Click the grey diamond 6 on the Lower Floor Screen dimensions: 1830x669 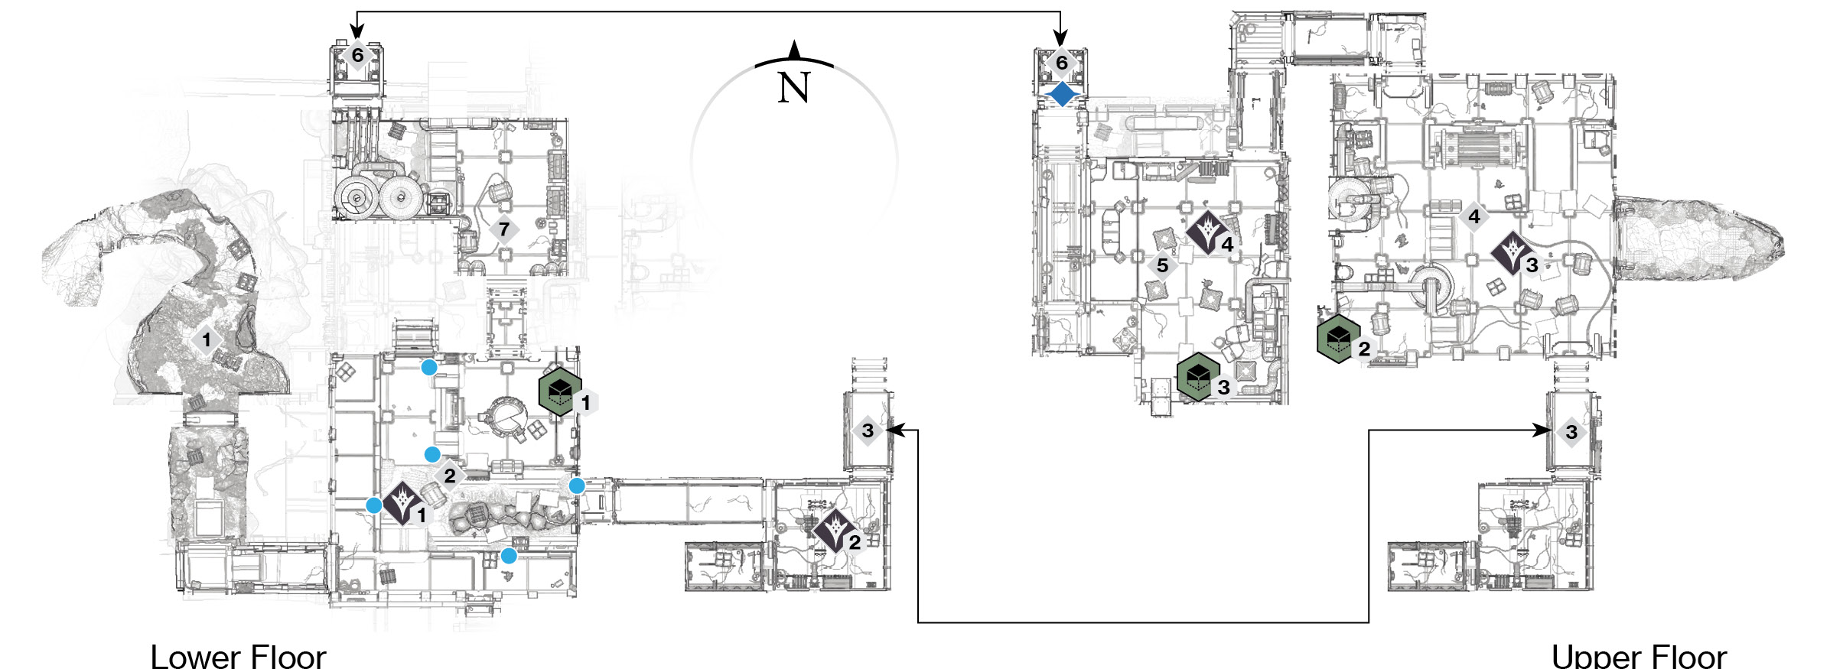[357, 55]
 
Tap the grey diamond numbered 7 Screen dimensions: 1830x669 [503, 229]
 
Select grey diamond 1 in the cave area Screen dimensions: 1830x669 [206, 339]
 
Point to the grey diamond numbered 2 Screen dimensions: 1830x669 [449, 476]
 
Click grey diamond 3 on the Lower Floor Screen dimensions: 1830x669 [868, 430]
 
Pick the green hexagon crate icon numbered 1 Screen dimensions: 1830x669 [560, 392]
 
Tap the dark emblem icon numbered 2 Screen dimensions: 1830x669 [834, 531]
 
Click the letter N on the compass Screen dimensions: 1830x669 [793, 87]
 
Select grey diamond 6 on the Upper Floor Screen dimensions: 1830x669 [1061, 63]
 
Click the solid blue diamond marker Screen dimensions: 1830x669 [1062, 95]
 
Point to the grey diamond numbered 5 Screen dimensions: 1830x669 [1162, 265]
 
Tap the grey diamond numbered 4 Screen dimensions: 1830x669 [1473, 216]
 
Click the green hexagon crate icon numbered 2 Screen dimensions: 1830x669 [1338, 339]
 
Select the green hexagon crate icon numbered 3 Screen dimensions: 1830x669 [1198, 376]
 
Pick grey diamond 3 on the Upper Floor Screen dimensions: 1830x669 [1571, 432]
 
